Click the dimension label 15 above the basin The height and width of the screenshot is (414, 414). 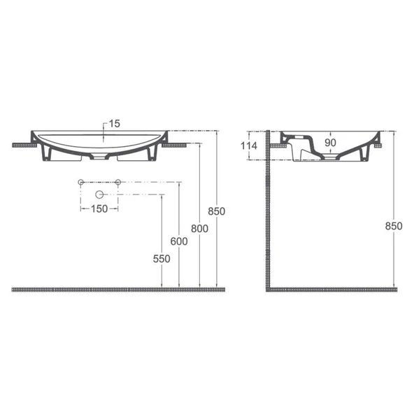click(115, 123)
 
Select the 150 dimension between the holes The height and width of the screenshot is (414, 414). click(99, 209)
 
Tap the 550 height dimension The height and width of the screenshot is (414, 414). click(161, 258)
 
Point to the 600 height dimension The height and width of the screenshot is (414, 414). click(180, 241)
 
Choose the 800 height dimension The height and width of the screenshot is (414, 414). click(200, 228)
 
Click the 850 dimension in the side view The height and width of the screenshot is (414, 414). click(394, 225)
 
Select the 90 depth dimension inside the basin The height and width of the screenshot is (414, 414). click(331, 143)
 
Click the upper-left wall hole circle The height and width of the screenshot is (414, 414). click(81, 183)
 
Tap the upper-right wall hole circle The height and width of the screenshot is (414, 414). click(118, 183)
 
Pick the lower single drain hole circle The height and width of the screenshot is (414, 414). click(99, 193)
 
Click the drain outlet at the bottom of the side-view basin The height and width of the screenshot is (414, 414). click(329, 158)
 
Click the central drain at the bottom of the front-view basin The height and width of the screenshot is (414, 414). click(103, 155)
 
